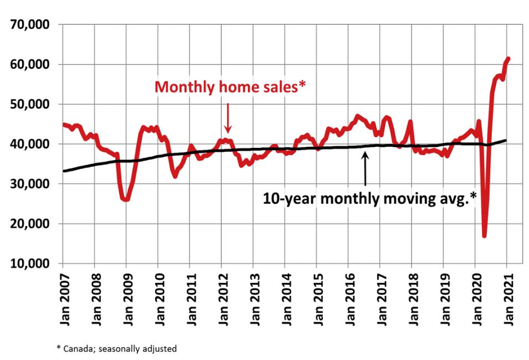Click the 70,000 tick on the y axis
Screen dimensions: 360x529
[x=30, y=25]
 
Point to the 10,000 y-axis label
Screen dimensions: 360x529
[x=30, y=264]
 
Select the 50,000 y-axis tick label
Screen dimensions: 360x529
[x=30, y=105]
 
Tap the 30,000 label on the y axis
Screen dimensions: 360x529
[x=30, y=184]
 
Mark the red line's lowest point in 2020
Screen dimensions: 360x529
[x=485, y=235]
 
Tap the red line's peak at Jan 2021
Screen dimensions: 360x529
[x=508, y=59]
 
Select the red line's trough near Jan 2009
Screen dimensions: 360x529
[x=127, y=199]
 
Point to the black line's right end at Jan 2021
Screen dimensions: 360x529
[x=505, y=140]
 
